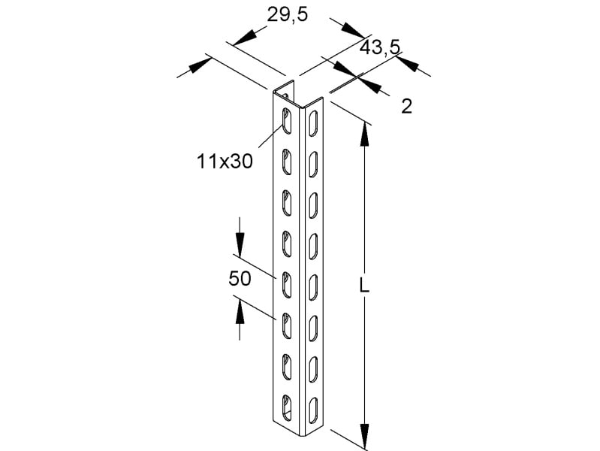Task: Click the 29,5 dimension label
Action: click(287, 15)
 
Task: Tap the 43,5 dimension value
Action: click(380, 47)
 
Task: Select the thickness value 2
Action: click(407, 106)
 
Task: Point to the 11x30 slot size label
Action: click(225, 162)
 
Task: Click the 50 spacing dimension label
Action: click(240, 279)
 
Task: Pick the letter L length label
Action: click(364, 285)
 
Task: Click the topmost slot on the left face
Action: click(286, 121)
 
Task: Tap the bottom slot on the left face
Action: click(286, 408)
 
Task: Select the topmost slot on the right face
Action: click(313, 123)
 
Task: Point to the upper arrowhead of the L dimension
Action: click(365, 135)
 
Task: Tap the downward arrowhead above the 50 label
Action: click(240, 245)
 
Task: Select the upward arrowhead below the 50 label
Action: click(240, 312)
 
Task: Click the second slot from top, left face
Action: click(286, 162)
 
